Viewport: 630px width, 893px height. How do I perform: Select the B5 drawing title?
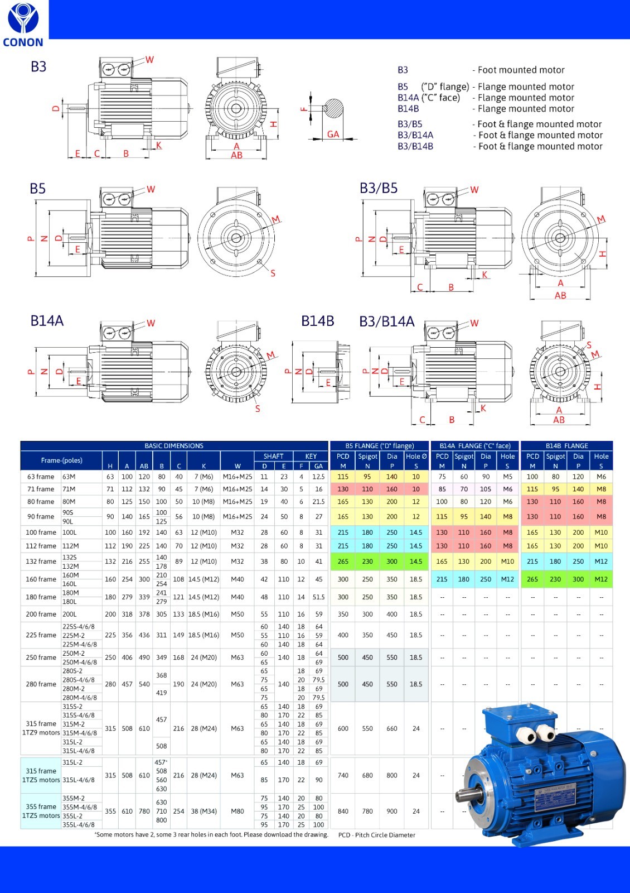[x=37, y=189]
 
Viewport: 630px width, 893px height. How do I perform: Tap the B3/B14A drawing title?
[x=387, y=321]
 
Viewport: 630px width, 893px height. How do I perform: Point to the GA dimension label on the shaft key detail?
[x=333, y=135]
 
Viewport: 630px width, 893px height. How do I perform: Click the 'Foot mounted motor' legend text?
[x=521, y=70]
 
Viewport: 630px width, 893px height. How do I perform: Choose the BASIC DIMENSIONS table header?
[x=174, y=446]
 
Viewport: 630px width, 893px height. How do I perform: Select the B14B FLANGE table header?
[x=566, y=446]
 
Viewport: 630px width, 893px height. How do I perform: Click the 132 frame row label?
[x=41, y=561]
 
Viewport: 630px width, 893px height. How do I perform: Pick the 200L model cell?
[x=69, y=614]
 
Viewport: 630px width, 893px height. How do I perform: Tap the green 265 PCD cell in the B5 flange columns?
[x=343, y=561]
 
